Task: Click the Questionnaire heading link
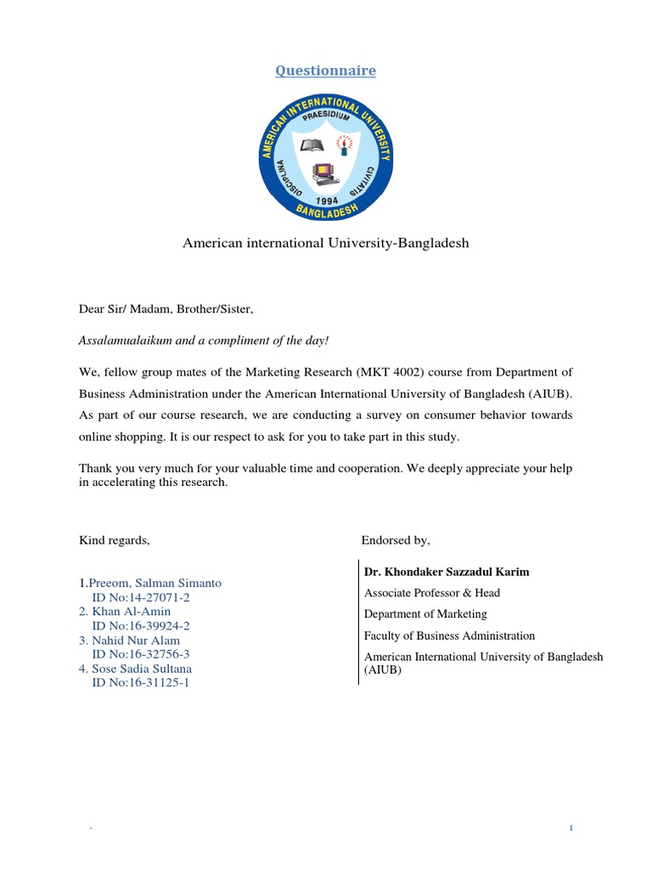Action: [x=325, y=71]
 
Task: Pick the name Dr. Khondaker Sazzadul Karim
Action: [x=447, y=572]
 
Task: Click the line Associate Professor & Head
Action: [x=432, y=593]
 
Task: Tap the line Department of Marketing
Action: [x=425, y=614]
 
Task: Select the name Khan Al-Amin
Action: [x=131, y=612]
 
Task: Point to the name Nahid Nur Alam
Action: [x=135, y=641]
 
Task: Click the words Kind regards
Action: [x=115, y=540]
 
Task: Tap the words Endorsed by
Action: [x=396, y=540]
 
